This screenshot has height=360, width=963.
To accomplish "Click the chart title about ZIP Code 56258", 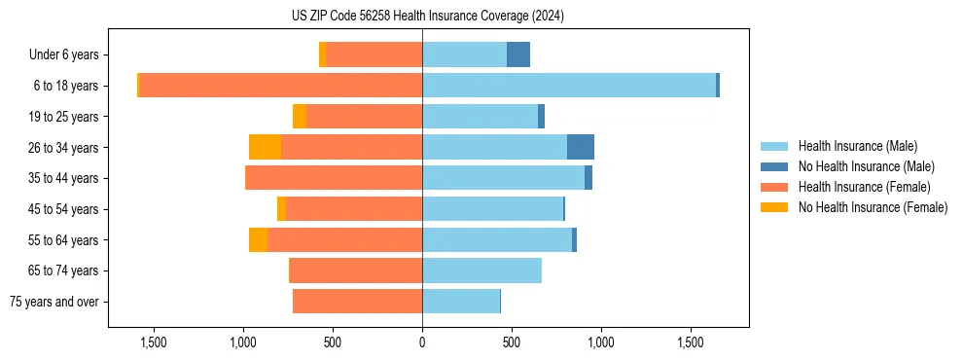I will tap(427, 17).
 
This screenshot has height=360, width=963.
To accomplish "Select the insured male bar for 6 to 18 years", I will tap(569, 86).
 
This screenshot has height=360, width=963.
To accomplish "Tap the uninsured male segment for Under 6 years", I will tap(518, 54).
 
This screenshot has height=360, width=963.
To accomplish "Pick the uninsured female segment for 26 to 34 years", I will tap(265, 147).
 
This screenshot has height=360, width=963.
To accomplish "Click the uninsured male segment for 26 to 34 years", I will tap(581, 147).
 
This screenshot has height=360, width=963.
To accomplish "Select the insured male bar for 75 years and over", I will tap(461, 302).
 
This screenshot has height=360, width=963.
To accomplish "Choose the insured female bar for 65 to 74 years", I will tap(356, 270).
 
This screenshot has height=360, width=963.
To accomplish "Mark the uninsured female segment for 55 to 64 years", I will tap(258, 239).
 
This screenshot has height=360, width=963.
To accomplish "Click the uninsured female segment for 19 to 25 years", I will tap(300, 117).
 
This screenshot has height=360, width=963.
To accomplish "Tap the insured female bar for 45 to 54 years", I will tap(354, 209).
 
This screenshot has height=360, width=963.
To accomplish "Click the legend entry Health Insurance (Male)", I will tap(857, 146).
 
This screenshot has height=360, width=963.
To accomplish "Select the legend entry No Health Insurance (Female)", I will tap(873, 207).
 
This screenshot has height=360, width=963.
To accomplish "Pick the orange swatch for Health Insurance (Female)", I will tap(774, 187).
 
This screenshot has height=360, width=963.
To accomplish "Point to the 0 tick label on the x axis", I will tap(422, 342).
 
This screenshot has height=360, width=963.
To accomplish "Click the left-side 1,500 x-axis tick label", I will tap(154, 342).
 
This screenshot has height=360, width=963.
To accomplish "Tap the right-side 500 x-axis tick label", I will tap(512, 342).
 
